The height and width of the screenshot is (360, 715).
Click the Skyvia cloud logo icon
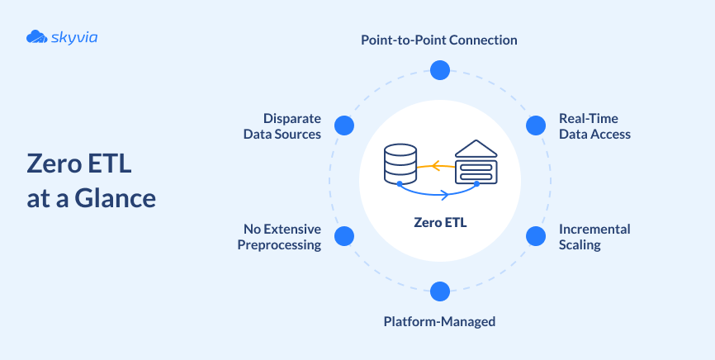point(36,36)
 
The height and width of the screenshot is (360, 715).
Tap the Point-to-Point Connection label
point(439,40)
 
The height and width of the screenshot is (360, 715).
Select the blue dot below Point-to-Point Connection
point(440,69)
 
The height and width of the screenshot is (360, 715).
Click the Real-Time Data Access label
point(594,126)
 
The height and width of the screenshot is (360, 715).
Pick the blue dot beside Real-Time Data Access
point(536,126)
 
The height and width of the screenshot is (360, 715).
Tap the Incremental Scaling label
point(594,237)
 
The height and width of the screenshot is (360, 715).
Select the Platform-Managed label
point(439,321)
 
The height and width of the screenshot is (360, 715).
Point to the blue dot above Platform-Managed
point(440,291)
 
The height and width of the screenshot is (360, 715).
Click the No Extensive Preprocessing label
point(279,237)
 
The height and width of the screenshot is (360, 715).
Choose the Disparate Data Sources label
point(282,126)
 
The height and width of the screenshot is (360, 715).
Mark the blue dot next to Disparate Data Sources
point(344,126)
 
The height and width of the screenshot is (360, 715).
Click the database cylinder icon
point(400,162)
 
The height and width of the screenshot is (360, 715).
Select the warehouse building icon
point(476,162)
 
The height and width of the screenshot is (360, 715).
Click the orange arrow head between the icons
point(438,165)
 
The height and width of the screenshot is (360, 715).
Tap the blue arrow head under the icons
point(445,195)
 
